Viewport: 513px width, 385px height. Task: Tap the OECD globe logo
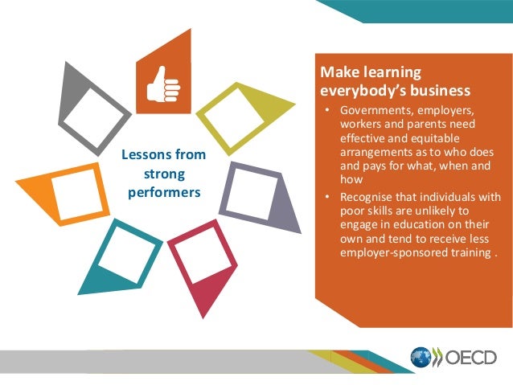tap(421, 357)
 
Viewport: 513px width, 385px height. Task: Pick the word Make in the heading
tap(339, 73)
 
